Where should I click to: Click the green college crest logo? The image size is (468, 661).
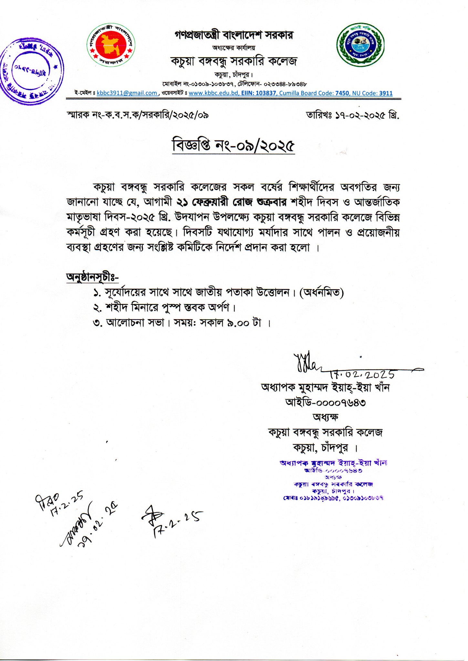tap(361, 45)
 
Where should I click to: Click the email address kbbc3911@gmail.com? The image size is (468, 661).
tap(127, 93)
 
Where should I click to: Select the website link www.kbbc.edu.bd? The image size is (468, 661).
tap(213, 93)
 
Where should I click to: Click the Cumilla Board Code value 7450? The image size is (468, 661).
tap(342, 93)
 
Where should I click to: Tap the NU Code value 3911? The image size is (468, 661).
tap(386, 93)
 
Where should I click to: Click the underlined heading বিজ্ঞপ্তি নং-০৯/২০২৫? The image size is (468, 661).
tap(233, 146)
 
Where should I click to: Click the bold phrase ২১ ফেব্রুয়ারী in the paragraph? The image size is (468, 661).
tap(204, 202)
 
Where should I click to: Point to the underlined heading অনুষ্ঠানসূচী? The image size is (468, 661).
tap(92, 277)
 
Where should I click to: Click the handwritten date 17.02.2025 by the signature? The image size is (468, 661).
tap(362, 374)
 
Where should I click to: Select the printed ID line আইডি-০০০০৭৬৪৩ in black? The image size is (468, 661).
tap(325, 402)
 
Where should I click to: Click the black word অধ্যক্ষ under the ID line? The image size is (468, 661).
tap(325, 417)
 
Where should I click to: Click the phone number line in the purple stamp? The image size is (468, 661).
tap(333, 498)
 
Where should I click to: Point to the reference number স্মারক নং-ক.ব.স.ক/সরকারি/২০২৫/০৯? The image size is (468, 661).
tap(137, 115)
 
